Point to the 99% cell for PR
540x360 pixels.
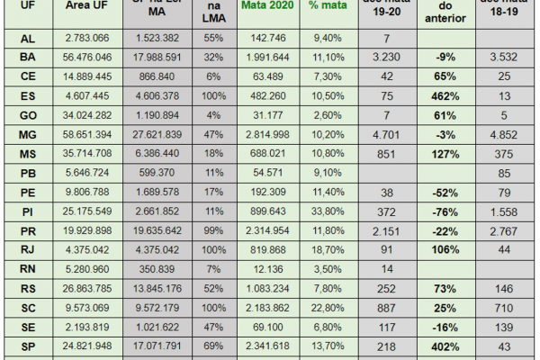coord(212,230)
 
